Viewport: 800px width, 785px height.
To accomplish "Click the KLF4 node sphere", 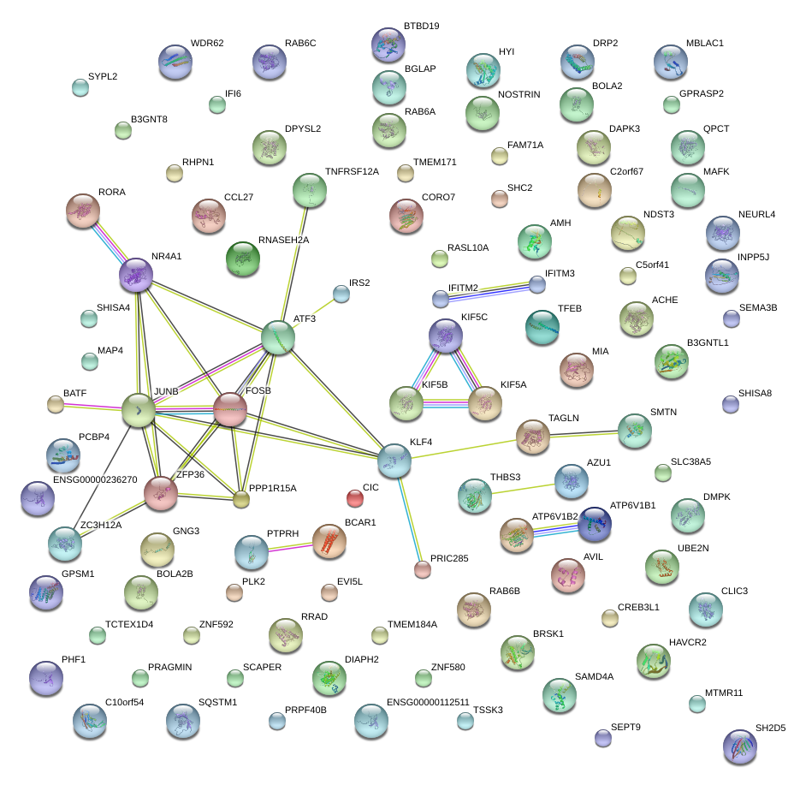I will [x=394, y=461].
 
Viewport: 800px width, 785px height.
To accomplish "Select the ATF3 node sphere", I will [x=278, y=337].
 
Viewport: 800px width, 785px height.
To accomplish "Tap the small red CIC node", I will [x=354, y=497].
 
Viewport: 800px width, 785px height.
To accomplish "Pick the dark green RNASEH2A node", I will [x=241, y=259].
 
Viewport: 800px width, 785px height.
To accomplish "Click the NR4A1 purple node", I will [x=135, y=275].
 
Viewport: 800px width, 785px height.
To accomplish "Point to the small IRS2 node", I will [x=341, y=294].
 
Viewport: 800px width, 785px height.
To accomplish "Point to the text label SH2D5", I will [x=770, y=729].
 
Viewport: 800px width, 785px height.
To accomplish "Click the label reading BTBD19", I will [x=421, y=27].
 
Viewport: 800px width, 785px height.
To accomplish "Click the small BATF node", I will [x=56, y=404].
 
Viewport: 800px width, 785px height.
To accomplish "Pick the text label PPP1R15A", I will [x=272, y=489].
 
